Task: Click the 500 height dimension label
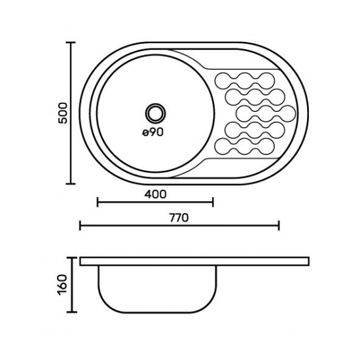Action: [x=63, y=113]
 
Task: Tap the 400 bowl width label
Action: [x=155, y=194]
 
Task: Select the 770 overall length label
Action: [x=179, y=218]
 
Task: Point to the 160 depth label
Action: [x=63, y=285]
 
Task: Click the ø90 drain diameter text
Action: [x=153, y=132]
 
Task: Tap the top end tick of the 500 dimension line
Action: [x=71, y=43]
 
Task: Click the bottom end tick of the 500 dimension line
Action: [x=71, y=183]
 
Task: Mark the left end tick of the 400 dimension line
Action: [x=98, y=202]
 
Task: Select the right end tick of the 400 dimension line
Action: [x=213, y=202]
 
